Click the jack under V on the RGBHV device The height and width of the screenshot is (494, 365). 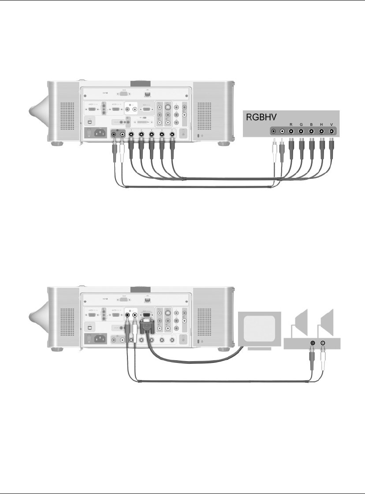click(331, 131)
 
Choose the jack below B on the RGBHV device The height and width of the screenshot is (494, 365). click(311, 131)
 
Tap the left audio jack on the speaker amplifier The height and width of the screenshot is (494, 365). click(313, 343)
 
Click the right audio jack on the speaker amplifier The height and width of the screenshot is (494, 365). click(324, 343)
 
